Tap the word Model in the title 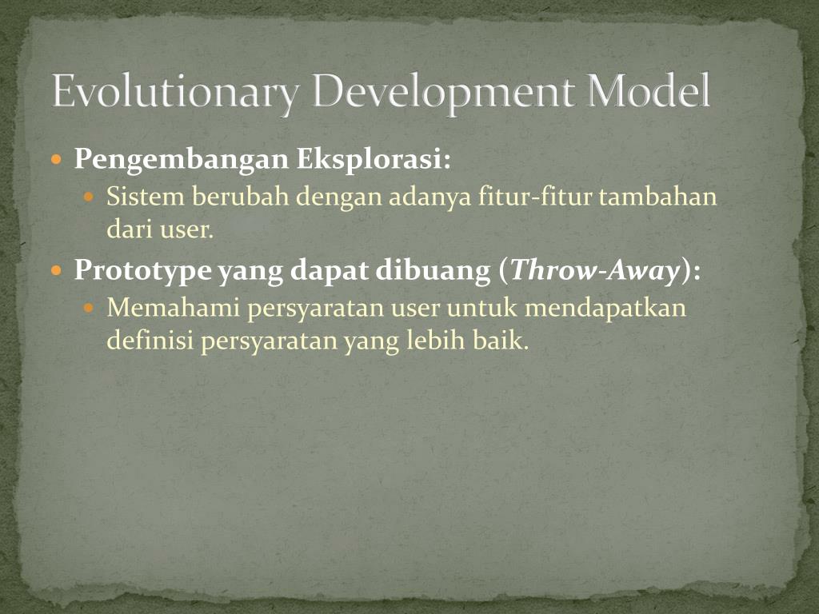650,93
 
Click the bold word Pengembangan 182,161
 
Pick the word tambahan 659,197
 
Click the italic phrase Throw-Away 595,272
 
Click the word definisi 150,341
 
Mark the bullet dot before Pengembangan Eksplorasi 56,160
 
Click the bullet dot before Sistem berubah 90,197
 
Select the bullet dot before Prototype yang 56,271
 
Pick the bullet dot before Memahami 90,308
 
